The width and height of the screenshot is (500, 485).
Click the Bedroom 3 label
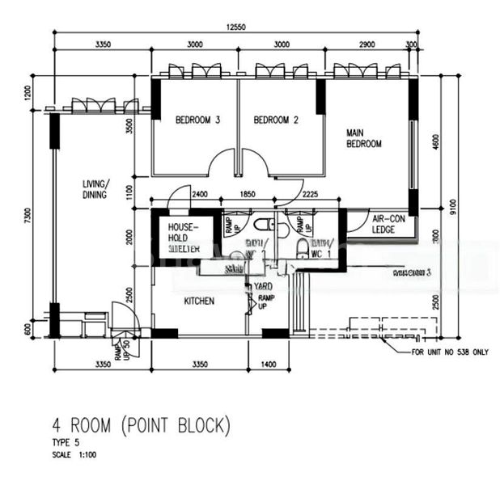coord(198,120)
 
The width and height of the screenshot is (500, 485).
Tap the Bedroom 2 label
coord(277,120)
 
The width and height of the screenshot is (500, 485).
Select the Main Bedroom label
coord(363,138)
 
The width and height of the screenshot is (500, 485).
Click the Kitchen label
coord(199,301)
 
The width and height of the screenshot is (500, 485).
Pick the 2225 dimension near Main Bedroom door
coord(310,194)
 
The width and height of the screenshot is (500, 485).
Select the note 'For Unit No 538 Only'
coord(450,352)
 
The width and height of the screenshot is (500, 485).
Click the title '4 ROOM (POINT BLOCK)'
coord(142,424)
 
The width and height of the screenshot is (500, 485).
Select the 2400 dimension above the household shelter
coord(201,194)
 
